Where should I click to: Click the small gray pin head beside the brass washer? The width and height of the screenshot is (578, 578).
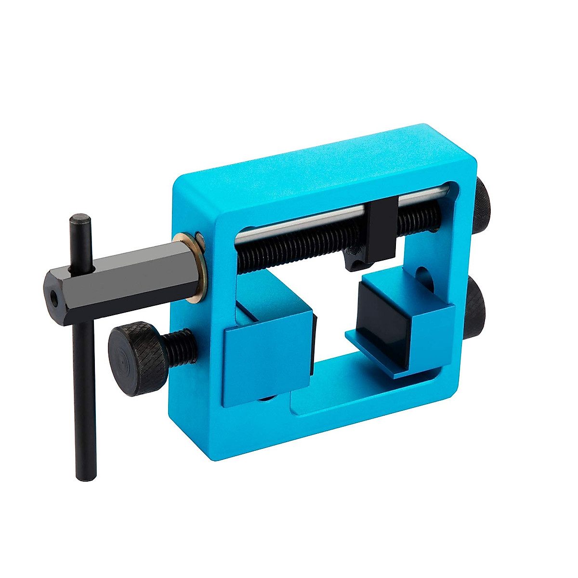tap(198, 237)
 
